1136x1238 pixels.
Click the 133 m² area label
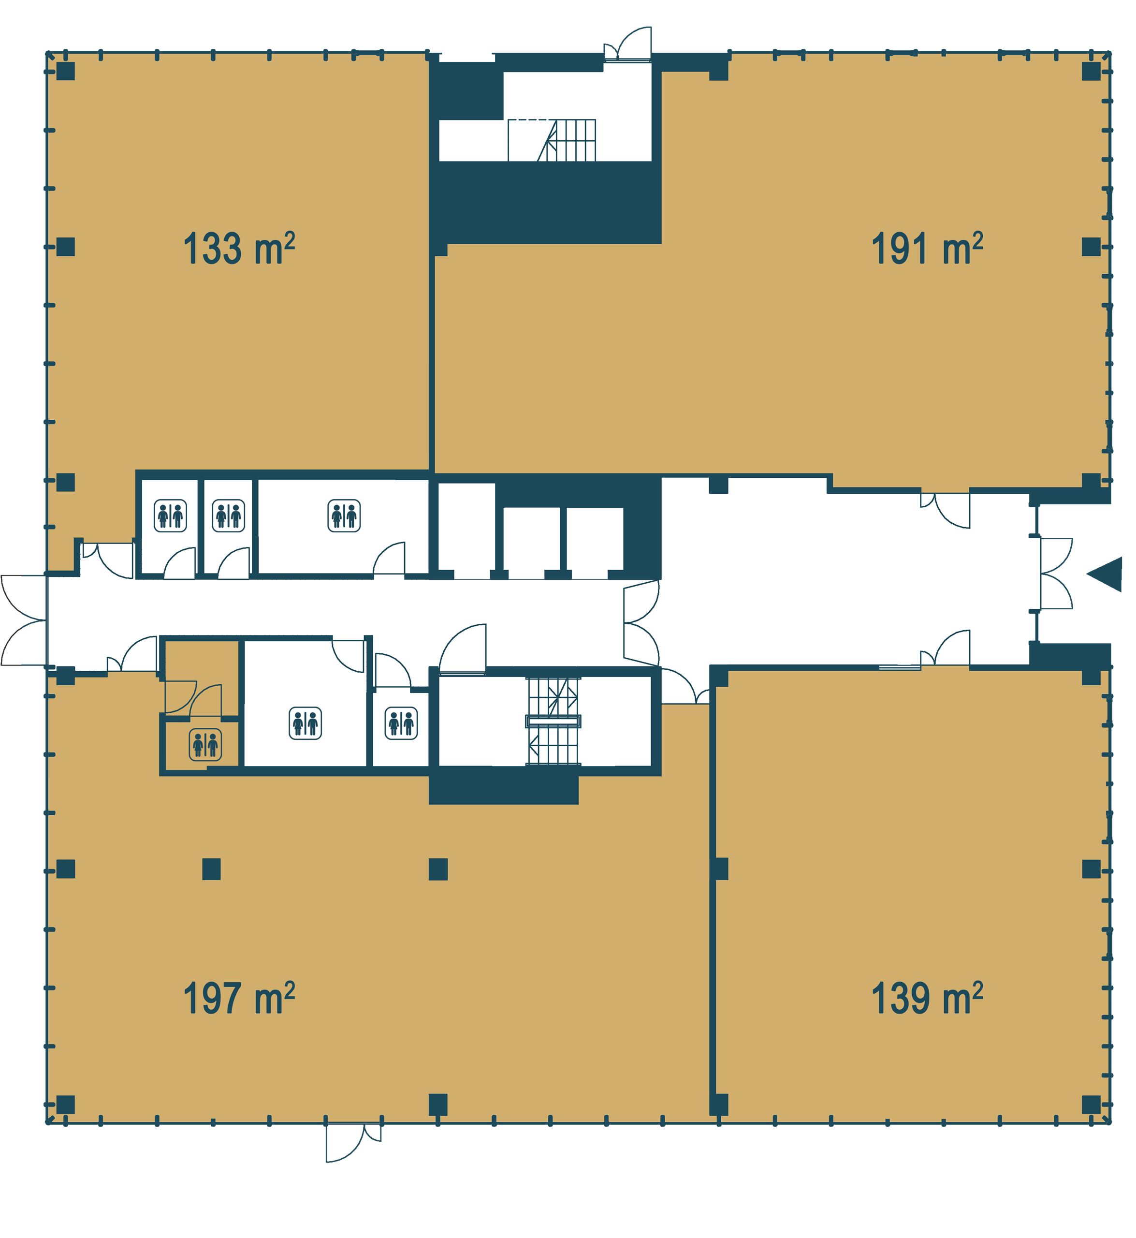tap(239, 249)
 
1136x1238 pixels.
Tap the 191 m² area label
tap(927, 249)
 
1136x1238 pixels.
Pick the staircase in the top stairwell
tap(552, 140)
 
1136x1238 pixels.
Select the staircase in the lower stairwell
tap(553, 722)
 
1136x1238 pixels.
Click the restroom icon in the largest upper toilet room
tap(344, 516)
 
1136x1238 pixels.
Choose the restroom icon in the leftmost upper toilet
tap(170, 516)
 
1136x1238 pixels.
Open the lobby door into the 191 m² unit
tap(946, 510)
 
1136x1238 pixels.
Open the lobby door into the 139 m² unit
tap(946, 648)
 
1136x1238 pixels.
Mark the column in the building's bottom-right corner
tap(1091, 1105)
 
